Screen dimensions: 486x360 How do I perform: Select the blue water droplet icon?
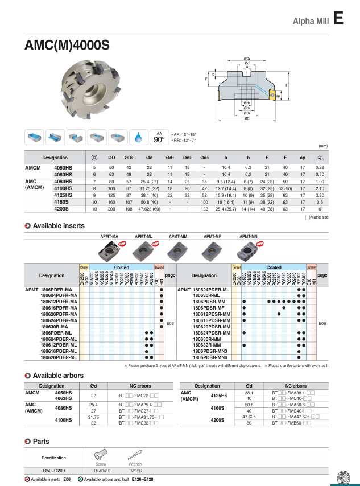pos(139,137)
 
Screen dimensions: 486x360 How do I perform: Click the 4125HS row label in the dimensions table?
pos(62,195)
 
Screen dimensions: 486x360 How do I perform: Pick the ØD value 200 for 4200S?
pos(112,209)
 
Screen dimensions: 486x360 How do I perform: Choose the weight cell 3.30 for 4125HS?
pos(320,195)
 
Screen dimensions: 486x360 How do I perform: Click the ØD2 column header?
pos(129,158)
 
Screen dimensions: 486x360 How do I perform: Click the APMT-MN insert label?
pos(248,235)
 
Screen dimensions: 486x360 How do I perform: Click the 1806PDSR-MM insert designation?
pos(209,301)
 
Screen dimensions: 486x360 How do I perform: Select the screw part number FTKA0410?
pos(101,471)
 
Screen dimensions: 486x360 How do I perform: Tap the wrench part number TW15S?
pos(135,471)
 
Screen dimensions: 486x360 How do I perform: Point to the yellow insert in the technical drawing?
pos(272,95)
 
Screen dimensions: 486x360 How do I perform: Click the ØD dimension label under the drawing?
pos(246,118)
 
